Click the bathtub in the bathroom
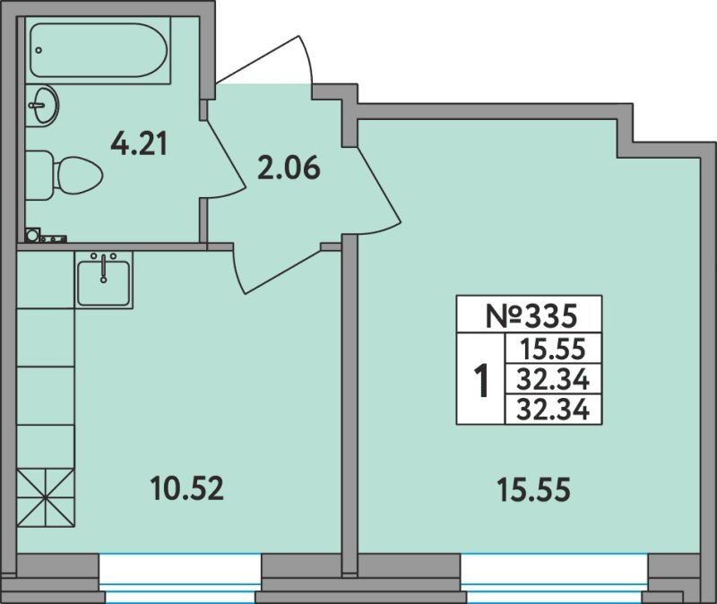point(98,50)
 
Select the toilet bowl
point(78,176)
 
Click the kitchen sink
point(103,280)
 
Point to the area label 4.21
point(139,142)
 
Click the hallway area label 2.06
point(289,168)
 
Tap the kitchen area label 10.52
point(186,488)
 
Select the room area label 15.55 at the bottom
point(533,489)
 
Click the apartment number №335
point(531,316)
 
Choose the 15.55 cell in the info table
point(553,349)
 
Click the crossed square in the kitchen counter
point(46,498)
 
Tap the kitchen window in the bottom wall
point(180,579)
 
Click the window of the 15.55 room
point(555,579)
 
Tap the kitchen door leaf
point(239,270)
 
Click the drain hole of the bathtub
point(39,50)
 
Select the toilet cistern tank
point(38,176)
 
